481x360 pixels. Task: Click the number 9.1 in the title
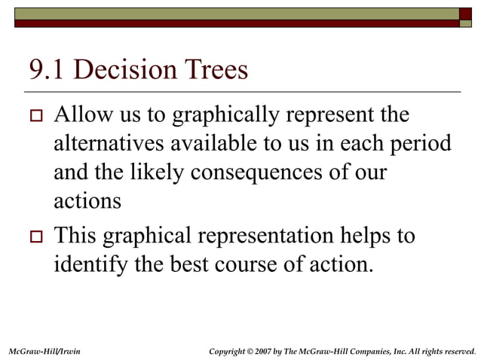click(47, 71)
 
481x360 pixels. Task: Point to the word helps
click(364, 236)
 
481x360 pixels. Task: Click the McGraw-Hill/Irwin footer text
click(44, 350)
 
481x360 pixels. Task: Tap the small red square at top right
click(466, 13)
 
